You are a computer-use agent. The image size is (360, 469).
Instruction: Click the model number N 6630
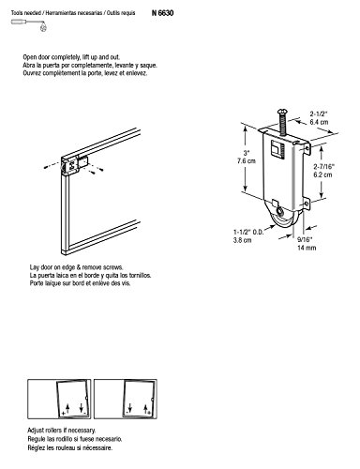pos(162,13)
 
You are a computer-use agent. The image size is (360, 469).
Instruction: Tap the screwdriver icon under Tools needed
pos(29,23)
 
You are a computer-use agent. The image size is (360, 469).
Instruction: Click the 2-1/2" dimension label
pos(319,113)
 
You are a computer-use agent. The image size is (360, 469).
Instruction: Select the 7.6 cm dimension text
pos(246,161)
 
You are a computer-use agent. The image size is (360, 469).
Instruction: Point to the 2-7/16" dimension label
pos(324,167)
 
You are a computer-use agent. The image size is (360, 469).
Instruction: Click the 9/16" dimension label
pos(305,240)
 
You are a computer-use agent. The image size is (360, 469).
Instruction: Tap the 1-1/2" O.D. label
pos(248,233)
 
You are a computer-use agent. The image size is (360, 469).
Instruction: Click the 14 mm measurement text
pos(307,248)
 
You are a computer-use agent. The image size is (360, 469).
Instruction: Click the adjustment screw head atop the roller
pos(280,110)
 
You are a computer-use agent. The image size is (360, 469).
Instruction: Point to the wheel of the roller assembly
pos(278,222)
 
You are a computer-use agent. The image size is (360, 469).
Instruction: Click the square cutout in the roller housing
pos(276,148)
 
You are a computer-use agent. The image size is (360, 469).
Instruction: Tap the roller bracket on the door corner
pos(74,164)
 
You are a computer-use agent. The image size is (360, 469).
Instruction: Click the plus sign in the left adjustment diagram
pos(64,414)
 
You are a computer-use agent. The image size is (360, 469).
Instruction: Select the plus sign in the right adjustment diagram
pos(149,413)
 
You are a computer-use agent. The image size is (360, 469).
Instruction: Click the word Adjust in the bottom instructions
pos(35,431)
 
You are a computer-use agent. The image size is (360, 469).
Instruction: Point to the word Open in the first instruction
pos(30,57)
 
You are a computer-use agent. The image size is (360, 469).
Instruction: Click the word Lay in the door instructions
pos(34,267)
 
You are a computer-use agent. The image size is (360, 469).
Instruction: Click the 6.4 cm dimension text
pos(319,122)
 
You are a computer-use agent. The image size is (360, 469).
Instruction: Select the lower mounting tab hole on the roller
pos(306,204)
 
